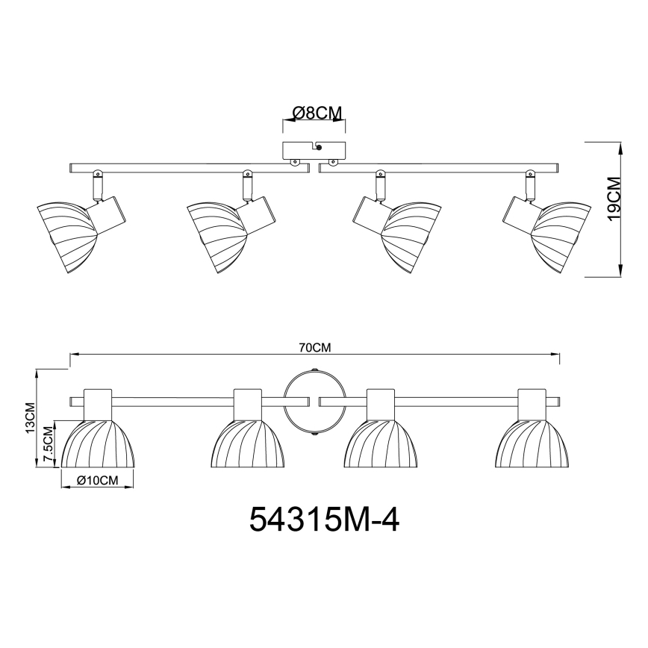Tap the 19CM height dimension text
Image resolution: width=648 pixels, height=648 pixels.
[614, 199]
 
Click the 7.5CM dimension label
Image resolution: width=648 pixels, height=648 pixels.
[49, 446]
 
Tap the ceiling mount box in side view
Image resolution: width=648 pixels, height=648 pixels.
[314, 151]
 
